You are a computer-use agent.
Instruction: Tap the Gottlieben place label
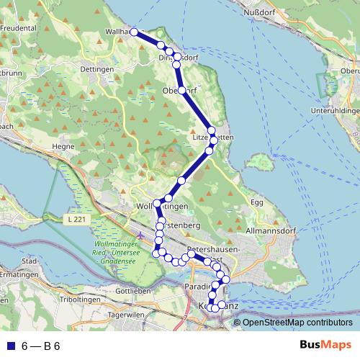click(130, 290)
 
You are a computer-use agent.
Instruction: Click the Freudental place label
click(19, 29)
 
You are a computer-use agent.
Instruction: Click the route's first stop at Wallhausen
click(134, 32)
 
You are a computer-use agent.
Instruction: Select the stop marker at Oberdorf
click(181, 91)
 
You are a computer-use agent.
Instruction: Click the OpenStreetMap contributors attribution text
click(297, 323)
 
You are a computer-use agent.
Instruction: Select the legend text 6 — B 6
click(40, 346)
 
